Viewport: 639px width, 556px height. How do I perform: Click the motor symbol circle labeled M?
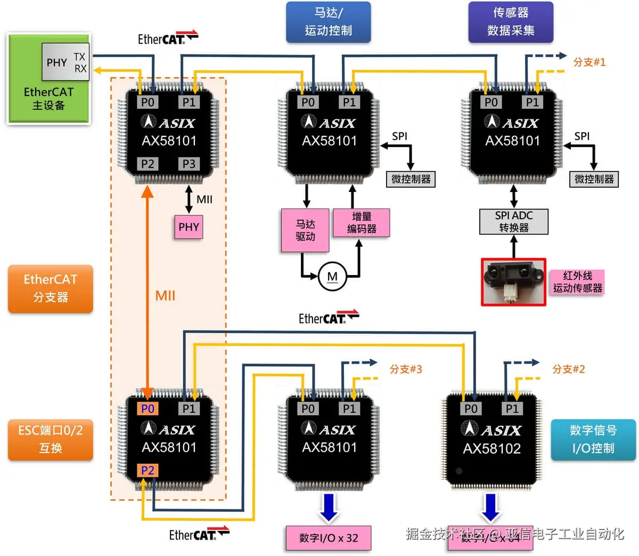332,277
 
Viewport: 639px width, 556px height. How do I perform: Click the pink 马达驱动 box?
305,230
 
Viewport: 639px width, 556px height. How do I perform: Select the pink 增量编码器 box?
362,222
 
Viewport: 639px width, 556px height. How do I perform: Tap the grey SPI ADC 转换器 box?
513,222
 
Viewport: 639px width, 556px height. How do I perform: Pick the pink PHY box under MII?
189,227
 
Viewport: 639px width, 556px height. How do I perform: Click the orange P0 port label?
148,409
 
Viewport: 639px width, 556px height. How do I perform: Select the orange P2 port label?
148,470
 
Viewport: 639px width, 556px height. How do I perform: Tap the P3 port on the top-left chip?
189,164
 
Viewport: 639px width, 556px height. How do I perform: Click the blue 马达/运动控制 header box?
329,22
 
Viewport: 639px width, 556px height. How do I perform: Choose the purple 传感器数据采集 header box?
511,22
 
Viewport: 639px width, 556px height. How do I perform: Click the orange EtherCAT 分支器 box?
51,288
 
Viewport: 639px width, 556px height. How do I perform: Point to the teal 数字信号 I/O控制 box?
593,439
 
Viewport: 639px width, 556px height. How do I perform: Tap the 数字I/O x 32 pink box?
328,538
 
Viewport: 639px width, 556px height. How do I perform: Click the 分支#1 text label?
589,62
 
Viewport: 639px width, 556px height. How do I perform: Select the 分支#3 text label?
406,369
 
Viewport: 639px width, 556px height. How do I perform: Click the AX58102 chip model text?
491,448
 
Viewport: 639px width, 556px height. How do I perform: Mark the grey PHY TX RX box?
65,62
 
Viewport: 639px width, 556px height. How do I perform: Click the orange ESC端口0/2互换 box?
51,439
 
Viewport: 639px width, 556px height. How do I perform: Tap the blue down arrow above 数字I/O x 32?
329,507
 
